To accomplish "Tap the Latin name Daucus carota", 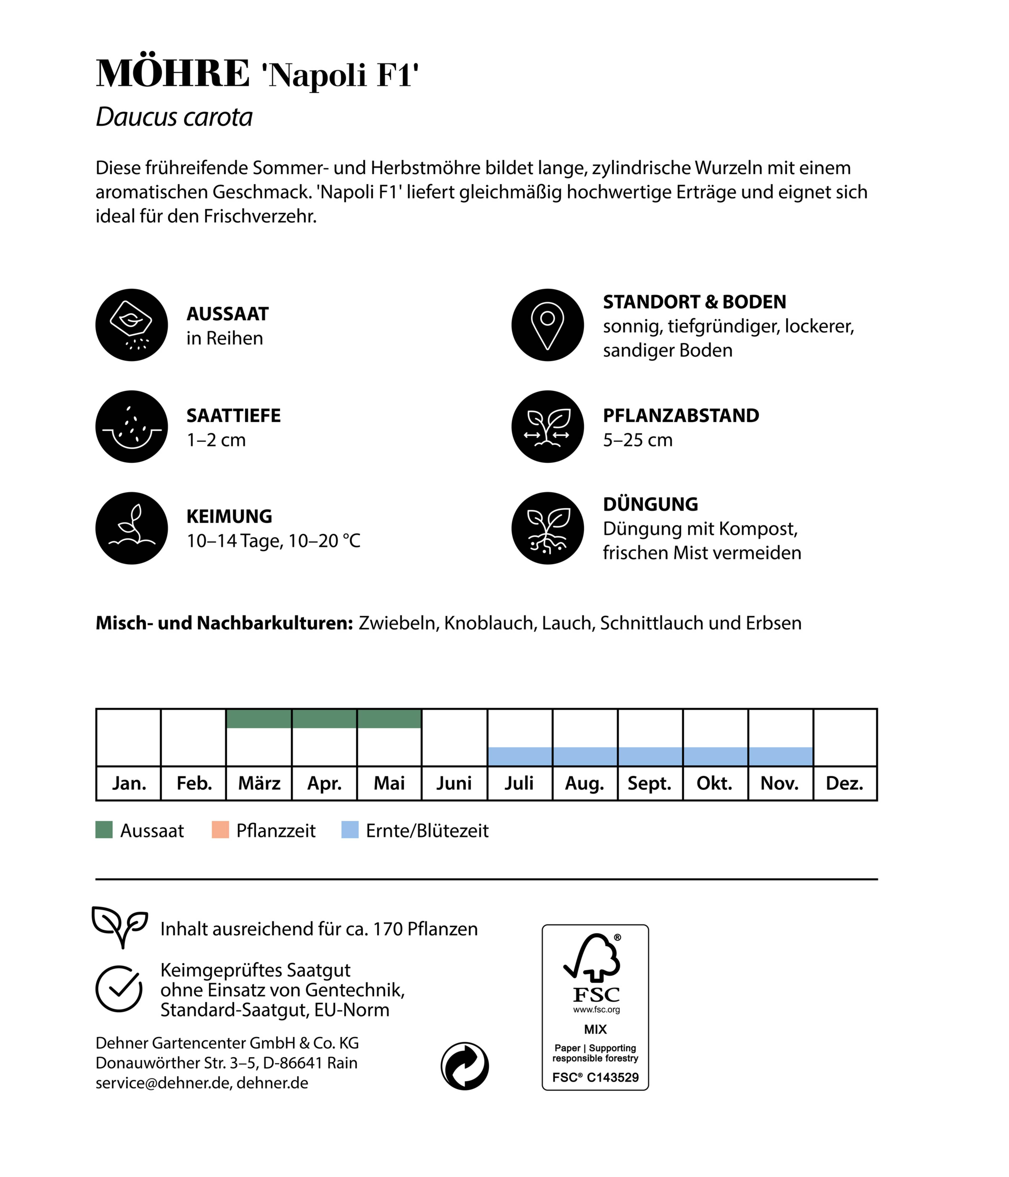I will (x=174, y=117).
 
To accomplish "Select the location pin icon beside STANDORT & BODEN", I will (x=547, y=325).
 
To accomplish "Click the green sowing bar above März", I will (x=259, y=719).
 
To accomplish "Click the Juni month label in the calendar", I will (x=454, y=783).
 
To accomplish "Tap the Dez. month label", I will (x=844, y=783).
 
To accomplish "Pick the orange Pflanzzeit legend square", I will (x=220, y=830).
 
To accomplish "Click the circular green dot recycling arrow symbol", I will (x=465, y=1066).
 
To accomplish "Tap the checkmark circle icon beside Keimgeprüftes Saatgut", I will (x=119, y=989).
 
